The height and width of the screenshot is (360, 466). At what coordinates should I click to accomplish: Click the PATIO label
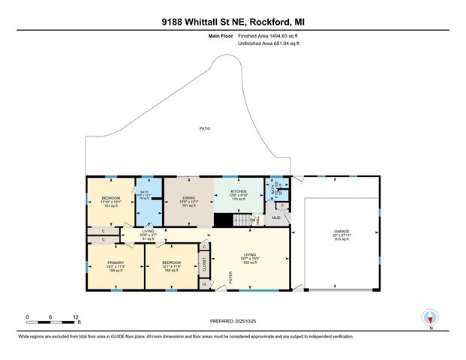point(204,128)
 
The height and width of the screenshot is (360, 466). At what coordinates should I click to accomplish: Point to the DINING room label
point(188,198)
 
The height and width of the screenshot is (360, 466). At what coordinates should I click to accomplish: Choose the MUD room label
point(276,217)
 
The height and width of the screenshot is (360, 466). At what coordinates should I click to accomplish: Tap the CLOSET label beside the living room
point(204,263)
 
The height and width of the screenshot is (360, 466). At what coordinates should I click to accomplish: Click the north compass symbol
point(430,316)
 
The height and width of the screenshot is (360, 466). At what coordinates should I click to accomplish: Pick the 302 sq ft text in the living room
point(250,262)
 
